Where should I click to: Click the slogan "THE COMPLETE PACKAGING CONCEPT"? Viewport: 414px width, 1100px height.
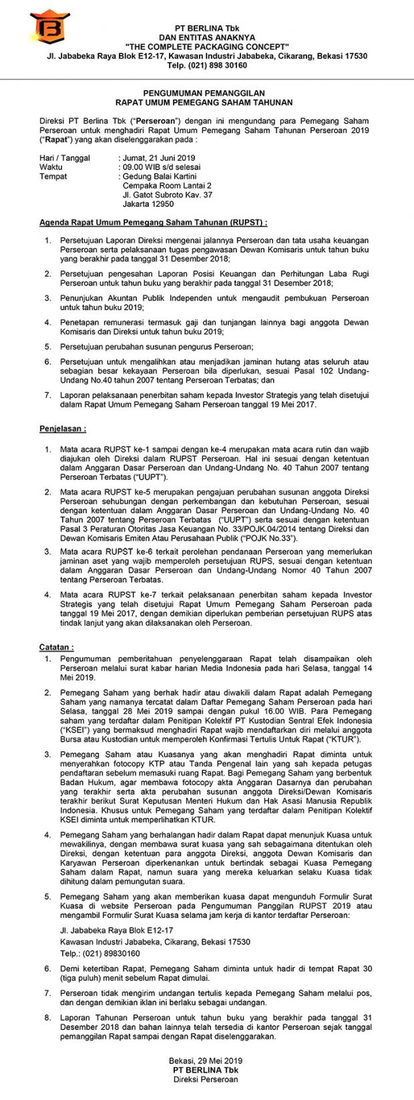click(207, 47)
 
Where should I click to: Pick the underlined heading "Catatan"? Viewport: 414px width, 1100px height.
click(57, 646)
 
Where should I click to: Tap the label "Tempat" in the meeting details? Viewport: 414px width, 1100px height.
click(53, 176)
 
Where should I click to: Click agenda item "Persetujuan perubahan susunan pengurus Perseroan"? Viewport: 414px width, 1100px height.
click(157, 346)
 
